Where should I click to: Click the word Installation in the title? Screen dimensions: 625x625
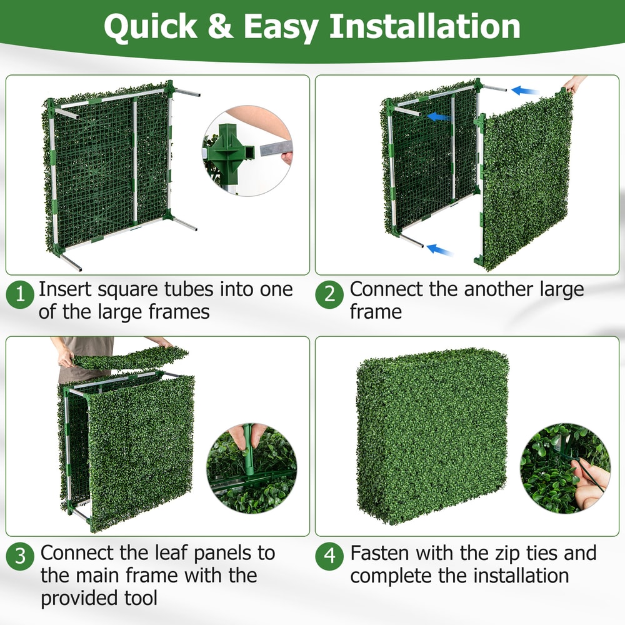pyautogui.click(x=424, y=27)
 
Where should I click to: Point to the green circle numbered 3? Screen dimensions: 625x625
pyautogui.click(x=21, y=556)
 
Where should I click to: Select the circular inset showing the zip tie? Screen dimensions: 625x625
pyautogui.click(x=565, y=467)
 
